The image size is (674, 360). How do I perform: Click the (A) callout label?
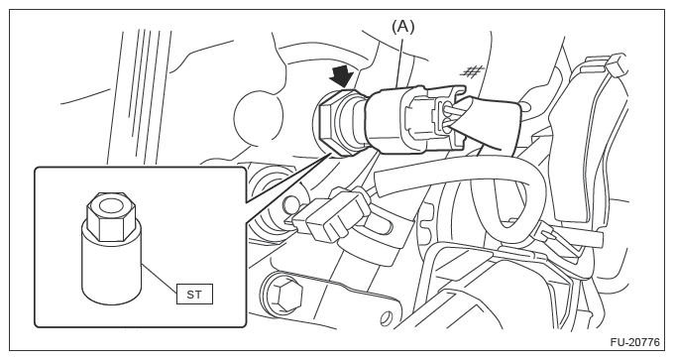[402, 27]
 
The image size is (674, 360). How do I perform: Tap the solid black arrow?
[342, 75]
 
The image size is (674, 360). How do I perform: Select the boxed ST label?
[194, 295]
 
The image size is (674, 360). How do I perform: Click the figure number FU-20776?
[635, 343]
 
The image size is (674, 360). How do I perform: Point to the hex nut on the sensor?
[330, 120]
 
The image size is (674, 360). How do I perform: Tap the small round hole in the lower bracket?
[387, 319]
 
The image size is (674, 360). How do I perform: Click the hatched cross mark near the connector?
[473, 70]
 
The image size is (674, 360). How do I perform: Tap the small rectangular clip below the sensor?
[331, 215]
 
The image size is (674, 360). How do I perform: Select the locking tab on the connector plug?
[444, 113]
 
